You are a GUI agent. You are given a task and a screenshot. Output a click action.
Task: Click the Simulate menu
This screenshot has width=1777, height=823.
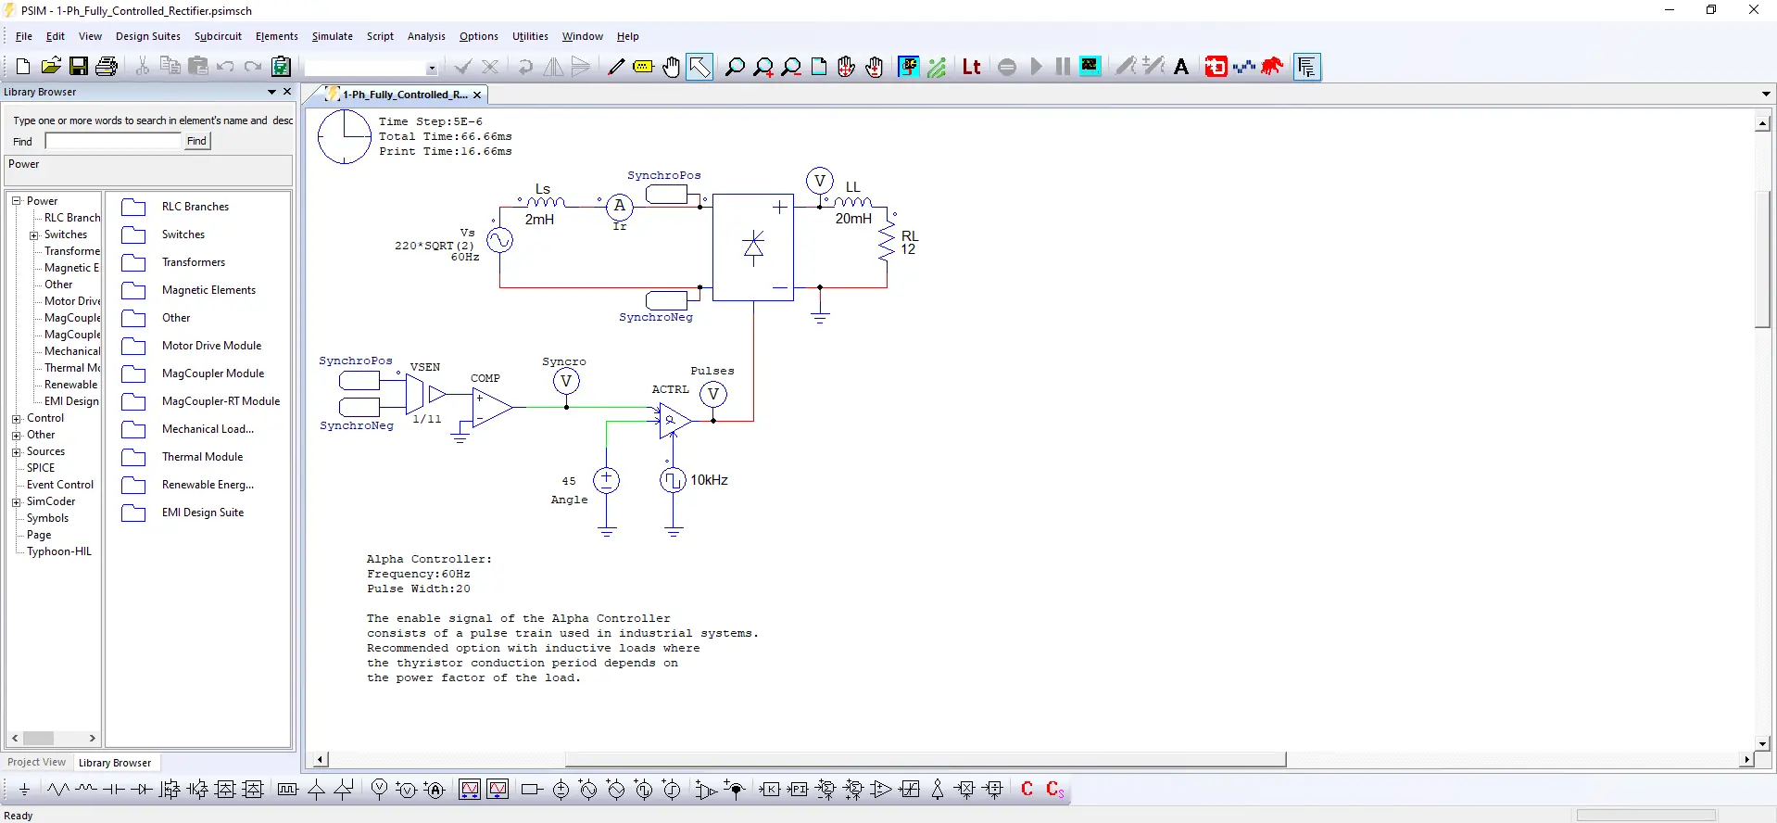332,36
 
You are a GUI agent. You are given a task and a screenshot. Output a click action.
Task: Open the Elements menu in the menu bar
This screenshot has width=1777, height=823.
276,36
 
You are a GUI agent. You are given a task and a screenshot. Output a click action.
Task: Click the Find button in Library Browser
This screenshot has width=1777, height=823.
196,141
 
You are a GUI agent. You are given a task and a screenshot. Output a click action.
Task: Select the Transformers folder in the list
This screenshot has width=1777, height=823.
193,262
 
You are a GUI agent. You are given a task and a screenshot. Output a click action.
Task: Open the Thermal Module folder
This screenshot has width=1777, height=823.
202,457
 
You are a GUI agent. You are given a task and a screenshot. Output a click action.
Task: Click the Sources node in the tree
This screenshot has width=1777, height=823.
45,451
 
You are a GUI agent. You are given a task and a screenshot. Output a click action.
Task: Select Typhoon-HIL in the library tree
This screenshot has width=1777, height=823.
58,551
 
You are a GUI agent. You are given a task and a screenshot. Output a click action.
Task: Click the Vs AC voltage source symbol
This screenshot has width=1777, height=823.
499,241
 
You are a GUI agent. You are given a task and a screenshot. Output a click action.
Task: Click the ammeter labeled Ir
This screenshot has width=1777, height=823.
620,206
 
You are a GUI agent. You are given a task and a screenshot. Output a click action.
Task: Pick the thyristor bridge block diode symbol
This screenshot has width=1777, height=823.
753,247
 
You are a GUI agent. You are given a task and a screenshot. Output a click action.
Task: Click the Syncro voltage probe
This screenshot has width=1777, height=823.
566,381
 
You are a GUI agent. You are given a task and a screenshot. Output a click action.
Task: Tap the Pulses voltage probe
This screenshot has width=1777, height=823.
713,395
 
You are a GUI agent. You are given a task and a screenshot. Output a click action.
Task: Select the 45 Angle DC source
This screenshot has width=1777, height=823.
606,480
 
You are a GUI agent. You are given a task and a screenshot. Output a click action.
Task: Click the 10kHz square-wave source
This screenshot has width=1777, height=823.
673,480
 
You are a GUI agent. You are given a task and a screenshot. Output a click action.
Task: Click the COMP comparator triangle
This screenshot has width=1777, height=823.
490,407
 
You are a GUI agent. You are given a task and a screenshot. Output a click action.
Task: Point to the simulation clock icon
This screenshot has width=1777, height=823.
344,137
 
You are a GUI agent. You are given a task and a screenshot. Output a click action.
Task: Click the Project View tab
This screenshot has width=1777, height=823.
37,763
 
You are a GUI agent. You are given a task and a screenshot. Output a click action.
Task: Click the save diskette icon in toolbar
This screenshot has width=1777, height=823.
79,66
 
